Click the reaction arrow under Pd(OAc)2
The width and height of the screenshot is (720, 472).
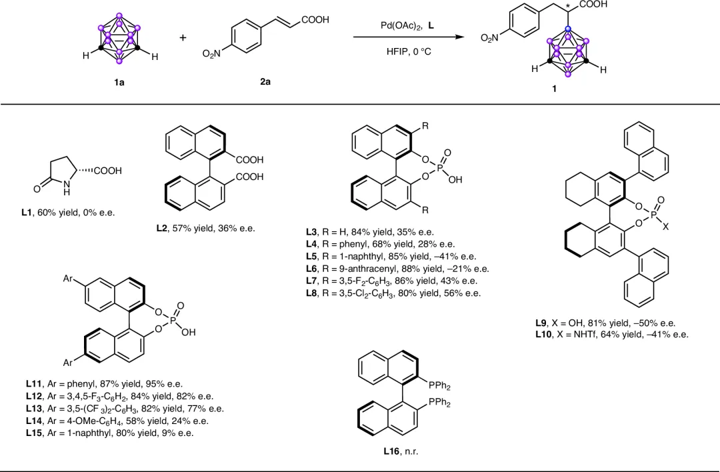click(x=408, y=38)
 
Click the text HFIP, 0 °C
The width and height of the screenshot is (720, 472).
click(x=409, y=51)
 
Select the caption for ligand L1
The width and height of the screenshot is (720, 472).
click(x=68, y=213)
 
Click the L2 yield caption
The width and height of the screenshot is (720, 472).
click(x=205, y=229)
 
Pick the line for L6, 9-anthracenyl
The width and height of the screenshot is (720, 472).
click(x=393, y=269)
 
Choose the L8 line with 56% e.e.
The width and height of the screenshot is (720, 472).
click(x=389, y=293)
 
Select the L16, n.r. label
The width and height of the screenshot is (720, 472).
click(x=401, y=451)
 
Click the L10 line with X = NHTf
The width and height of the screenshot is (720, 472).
click(x=611, y=335)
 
